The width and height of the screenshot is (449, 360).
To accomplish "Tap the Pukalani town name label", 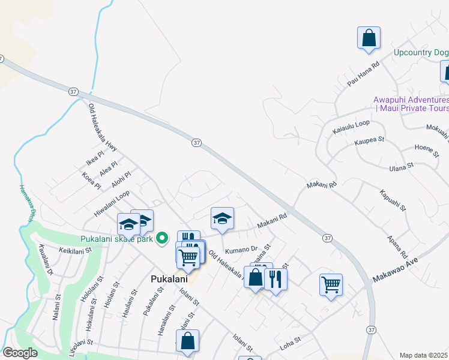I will coord(169,280).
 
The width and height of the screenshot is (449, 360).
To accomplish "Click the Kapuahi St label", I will coord(393,201).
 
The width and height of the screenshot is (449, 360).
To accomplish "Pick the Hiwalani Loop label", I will coord(112,203).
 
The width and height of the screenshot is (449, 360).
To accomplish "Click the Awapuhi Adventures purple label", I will coord(411,104).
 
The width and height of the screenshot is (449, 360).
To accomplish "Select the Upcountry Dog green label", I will coord(421,53).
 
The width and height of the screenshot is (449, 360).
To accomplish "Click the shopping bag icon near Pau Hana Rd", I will coord(369,38).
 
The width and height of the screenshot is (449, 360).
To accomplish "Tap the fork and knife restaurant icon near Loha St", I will coord(276,278).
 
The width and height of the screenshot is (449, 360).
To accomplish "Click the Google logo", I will coord(20,353).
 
